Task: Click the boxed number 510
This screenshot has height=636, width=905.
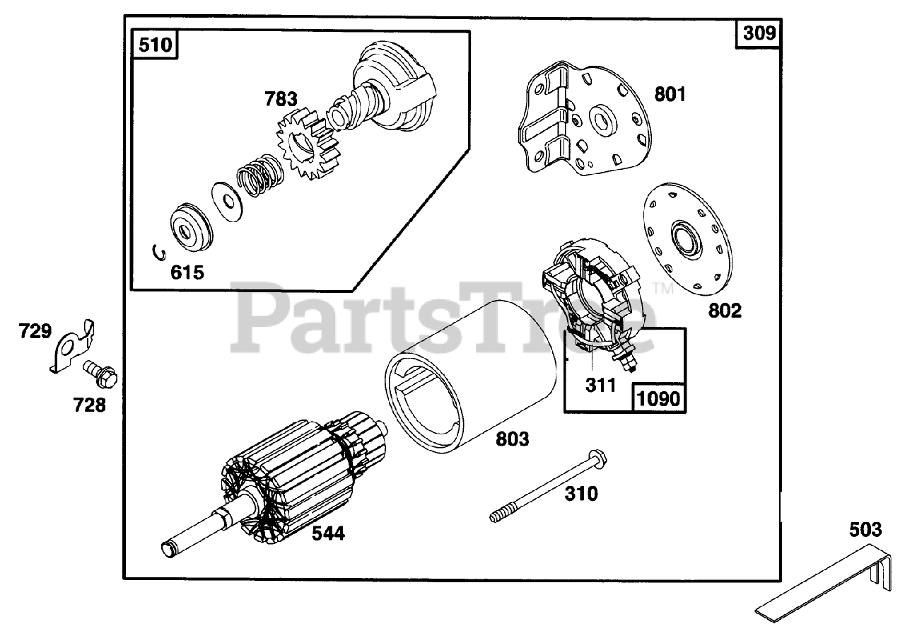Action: point(155,46)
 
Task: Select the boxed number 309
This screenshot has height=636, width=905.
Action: point(759,33)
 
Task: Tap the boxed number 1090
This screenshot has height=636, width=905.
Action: point(658,399)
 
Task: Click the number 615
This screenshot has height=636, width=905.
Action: point(187,272)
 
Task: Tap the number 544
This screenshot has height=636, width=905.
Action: point(328,533)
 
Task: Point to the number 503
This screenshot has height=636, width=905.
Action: point(865,529)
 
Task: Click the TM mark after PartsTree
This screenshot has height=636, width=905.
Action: point(662,288)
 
